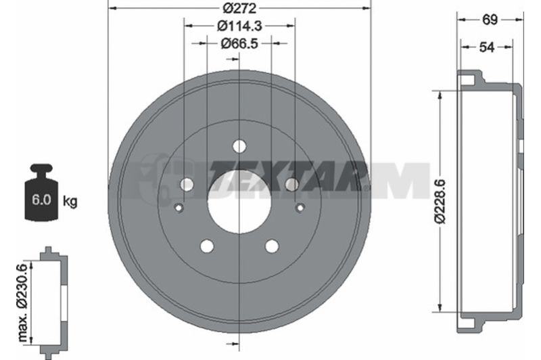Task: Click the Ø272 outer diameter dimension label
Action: click(x=239, y=7)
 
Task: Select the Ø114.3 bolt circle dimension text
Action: click(x=239, y=26)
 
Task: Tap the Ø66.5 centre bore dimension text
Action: click(x=239, y=44)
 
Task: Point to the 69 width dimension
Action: click(x=490, y=20)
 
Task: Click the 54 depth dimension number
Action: click(x=487, y=47)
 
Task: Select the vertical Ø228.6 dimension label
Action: click(x=440, y=201)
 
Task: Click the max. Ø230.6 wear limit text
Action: click(x=22, y=302)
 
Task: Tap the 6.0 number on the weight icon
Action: click(x=41, y=200)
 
